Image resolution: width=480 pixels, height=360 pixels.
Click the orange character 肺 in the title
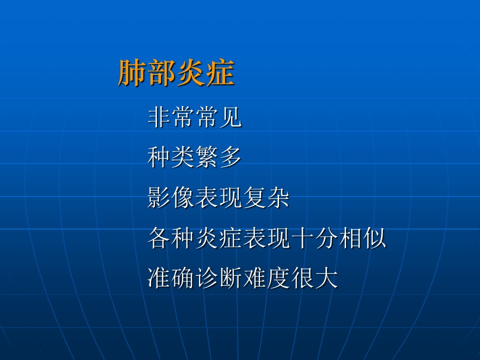(x=132, y=72)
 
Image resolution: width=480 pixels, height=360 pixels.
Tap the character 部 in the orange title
(x=161, y=72)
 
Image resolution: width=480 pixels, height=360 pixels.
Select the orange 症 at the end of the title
(x=220, y=72)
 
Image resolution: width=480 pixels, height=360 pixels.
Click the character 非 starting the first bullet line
(x=159, y=116)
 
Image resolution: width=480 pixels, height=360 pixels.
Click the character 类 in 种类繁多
(x=183, y=156)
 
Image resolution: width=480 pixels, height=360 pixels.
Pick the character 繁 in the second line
(x=207, y=156)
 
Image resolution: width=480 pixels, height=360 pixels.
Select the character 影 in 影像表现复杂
(x=159, y=197)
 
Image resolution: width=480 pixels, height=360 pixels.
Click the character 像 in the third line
(x=183, y=197)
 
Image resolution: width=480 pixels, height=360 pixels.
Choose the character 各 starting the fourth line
(x=159, y=237)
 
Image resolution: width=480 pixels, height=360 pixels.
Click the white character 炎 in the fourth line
(x=207, y=237)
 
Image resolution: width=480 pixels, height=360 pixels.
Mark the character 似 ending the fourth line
(x=374, y=237)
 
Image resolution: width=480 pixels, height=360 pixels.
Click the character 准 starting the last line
(x=159, y=277)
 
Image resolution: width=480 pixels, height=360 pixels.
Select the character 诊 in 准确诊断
(x=207, y=277)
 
